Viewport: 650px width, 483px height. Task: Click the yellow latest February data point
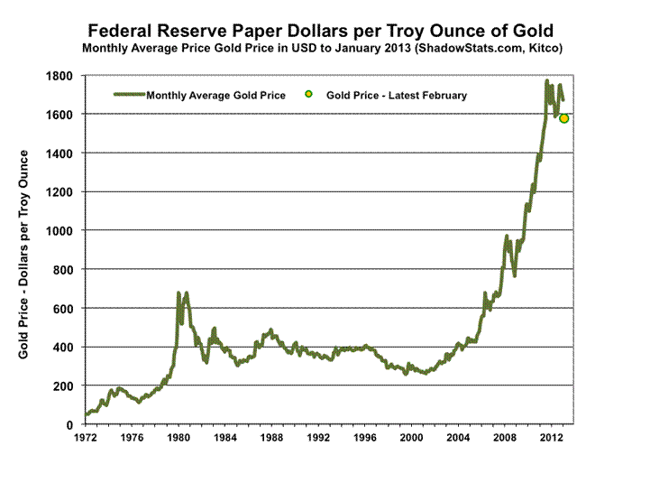[564, 118]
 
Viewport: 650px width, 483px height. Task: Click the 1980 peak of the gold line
[179, 293]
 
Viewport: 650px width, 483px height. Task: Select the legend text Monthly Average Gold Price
[215, 95]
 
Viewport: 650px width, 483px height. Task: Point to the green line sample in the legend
[128, 95]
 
